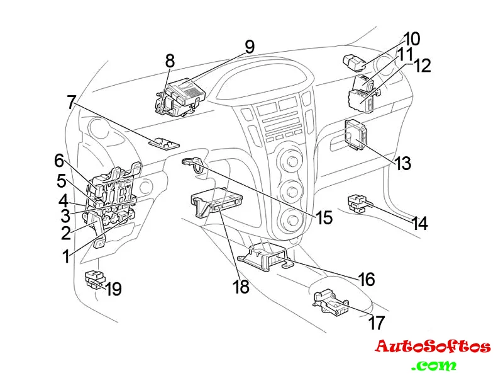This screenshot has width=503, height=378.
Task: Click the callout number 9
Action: tap(250, 46)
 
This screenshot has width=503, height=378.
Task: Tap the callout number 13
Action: tap(403, 163)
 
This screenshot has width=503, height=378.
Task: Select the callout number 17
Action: tap(376, 323)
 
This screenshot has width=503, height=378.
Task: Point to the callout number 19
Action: tap(114, 289)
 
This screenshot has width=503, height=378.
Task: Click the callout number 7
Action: tap(71, 102)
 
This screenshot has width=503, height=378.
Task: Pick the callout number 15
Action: tap(324, 218)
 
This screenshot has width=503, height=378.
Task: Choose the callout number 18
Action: tap(241, 287)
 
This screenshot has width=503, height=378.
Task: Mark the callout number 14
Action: tap(420, 223)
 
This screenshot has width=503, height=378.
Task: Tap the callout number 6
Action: tap(59, 161)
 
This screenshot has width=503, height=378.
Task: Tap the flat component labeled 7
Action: tap(163, 142)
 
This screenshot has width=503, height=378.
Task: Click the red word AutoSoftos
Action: tap(433, 346)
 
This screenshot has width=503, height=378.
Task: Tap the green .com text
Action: tap(434, 365)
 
